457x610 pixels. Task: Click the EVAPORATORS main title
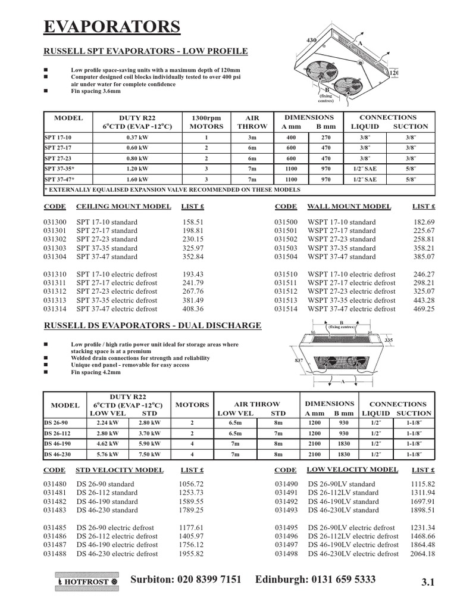tap(112, 27)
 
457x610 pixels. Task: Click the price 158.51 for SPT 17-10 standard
tap(192, 222)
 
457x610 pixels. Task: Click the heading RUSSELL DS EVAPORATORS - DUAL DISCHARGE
tap(153, 326)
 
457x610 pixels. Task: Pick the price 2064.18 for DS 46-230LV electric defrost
tap(422, 554)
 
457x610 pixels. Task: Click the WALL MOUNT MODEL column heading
tap(349, 207)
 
